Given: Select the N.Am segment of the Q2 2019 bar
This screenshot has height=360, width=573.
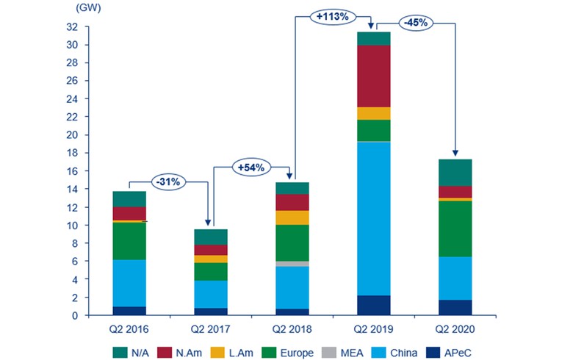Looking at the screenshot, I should [374, 76].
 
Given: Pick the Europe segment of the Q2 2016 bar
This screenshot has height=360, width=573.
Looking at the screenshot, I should [129, 240].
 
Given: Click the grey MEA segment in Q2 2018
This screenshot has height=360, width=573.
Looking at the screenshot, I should [292, 264].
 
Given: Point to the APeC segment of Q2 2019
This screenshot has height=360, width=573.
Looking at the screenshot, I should [374, 305].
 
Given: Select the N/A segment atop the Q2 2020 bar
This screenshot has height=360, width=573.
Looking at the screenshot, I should [455, 172].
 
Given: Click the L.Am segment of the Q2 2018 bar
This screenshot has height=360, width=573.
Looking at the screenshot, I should [292, 217].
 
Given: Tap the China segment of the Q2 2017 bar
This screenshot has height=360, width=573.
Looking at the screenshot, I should [211, 295].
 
